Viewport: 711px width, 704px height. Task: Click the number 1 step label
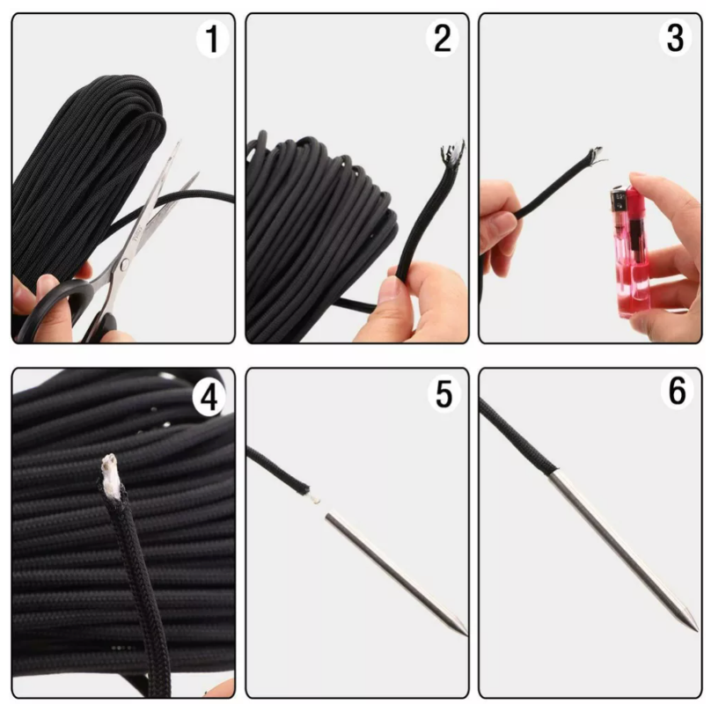pyautogui.click(x=212, y=39)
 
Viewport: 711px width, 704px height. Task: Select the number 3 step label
pyautogui.click(x=677, y=39)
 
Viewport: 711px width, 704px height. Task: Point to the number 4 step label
pyautogui.click(x=209, y=398)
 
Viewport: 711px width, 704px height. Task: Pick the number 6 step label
pyautogui.click(x=677, y=392)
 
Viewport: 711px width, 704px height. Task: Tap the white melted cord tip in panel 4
pyautogui.click(x=111, y=471)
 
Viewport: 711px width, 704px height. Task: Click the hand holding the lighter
pyautogui.click(x=673, y=255)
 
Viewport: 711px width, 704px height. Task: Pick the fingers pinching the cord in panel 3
pyautogui.click(x=500, y=220)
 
